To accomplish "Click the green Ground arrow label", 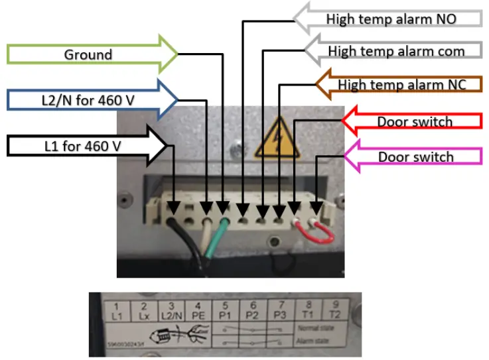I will pos(88,54).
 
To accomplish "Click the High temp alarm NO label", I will pos(391,19).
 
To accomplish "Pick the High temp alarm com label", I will pos(396,51).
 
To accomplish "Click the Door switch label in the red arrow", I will pos(415,122).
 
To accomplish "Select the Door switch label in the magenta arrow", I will pos(415,157).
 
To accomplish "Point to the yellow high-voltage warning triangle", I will pos(277,139).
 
